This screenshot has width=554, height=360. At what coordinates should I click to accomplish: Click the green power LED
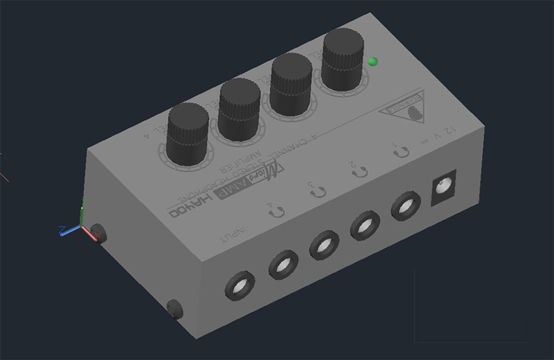[x=374, y=62]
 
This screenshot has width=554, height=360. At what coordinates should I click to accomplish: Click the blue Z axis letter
[x=62, y=228]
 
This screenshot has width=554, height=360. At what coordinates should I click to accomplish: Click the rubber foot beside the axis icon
[x=99, y=233]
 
